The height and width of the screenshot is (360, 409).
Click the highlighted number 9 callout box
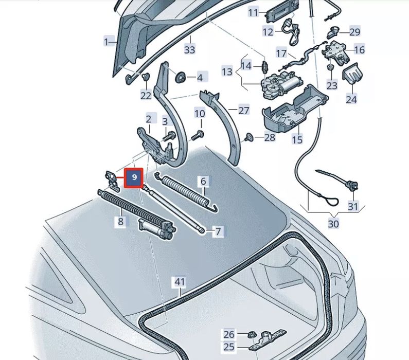point(134,178)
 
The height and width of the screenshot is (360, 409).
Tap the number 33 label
point(190,49)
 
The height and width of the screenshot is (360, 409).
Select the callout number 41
point(180,282)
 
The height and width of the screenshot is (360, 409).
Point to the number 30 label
point(333,224)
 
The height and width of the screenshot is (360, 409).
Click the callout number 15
point(297,139)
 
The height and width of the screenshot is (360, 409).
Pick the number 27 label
point(244,111)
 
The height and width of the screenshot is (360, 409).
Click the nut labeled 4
point(180,78)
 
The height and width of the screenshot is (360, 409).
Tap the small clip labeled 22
point(146,77)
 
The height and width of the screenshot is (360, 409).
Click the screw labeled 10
point(198,135)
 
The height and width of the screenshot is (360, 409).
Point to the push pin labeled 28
point(249,137)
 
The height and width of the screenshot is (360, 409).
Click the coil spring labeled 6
point(187,192)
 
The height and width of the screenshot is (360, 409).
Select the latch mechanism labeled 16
point(335,53)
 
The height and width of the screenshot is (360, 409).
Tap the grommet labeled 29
point(333,32)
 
